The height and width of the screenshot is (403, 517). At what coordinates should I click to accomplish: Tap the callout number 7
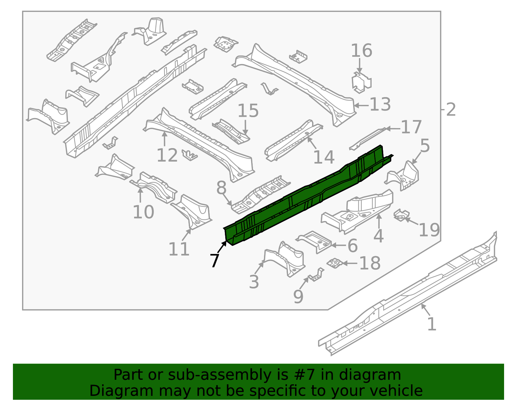[x=215, y=260]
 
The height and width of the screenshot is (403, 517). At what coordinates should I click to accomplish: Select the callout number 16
[x=361, y=51]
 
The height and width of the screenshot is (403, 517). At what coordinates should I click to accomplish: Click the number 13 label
[x=380, y=105]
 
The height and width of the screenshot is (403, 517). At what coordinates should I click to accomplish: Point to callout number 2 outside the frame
[x=451, y=110]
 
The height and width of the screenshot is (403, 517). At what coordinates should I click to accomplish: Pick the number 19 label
[x=429, y=230]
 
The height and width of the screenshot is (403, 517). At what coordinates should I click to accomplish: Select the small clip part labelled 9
[x=316, y=275]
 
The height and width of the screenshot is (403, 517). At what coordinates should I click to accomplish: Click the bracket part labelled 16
[x=361, y=83]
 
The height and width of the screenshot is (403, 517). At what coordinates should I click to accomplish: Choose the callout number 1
[x=432, y=324]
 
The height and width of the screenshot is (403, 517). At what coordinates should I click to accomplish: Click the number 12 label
[x=167, y=156]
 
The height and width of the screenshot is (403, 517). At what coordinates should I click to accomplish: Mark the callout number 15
[x=248, y=111]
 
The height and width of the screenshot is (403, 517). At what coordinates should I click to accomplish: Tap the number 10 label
[x=143, y=212]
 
